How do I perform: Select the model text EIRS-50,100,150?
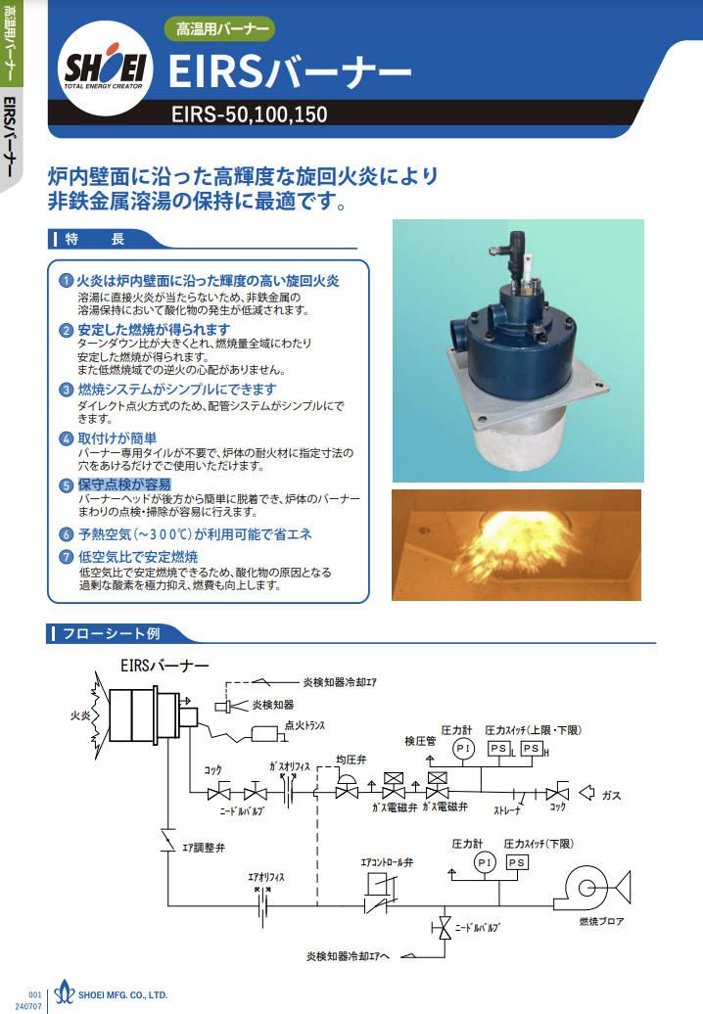click(x=249, y=115)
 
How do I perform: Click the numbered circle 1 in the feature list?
click(x=66, y=281)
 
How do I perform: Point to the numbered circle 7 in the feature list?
click(x=66, y=557)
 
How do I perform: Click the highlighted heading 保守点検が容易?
click(x=124, y=484)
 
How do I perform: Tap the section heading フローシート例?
click(x=111, y=634)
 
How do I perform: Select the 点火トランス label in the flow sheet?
click(x=305, y=725)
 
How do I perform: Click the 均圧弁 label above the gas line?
click(x=351, y=760)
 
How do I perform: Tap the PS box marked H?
click(x=531, y=748)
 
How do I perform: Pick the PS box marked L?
click(x=498, y=748)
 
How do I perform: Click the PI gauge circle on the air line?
click(x=485, y=862)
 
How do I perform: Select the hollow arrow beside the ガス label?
click(x=586, y=793)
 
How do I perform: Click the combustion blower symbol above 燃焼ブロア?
click(x=592, y=887)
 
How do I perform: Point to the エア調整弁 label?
click(x=204, y=848)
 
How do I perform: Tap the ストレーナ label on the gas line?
click(x=507, y=810)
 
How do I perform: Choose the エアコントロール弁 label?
click(x=387, y=862)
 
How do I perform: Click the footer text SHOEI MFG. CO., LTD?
click(x=123, y=995)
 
